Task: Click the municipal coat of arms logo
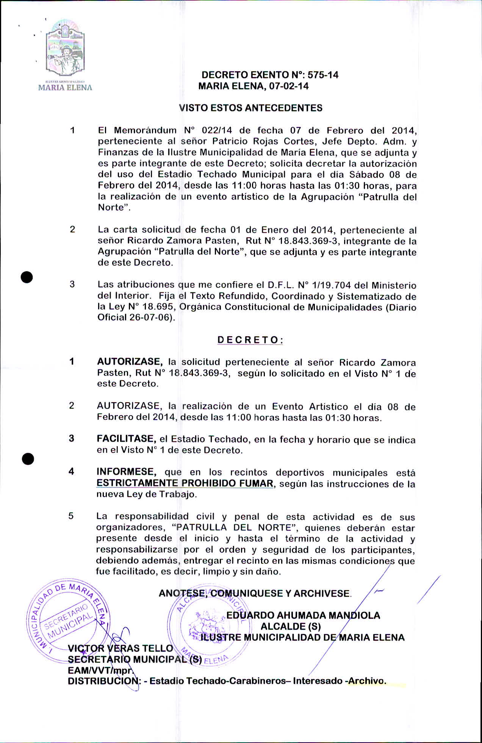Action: [65, 49]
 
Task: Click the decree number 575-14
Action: [323, 75]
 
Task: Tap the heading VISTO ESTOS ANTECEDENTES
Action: [250, 108]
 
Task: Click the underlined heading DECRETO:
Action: [250, 340]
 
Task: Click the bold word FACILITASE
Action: [126, 439]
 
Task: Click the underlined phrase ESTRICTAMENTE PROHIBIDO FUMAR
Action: [185, 483]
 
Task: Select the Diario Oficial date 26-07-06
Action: [149, 318]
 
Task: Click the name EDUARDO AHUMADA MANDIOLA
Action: [303, 615]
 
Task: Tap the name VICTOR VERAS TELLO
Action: [121, 649]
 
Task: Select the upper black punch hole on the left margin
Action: [27, 277]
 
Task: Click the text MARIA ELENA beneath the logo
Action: [65, 88]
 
